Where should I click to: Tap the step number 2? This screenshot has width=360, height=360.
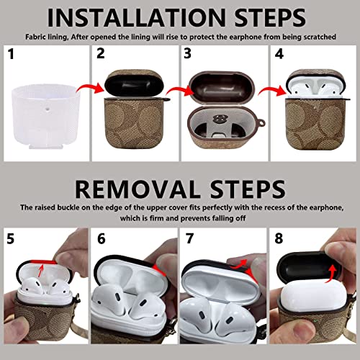pos(102,53)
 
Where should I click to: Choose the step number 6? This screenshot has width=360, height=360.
pos(101,236)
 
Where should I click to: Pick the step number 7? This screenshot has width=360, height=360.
pos(188,236)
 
